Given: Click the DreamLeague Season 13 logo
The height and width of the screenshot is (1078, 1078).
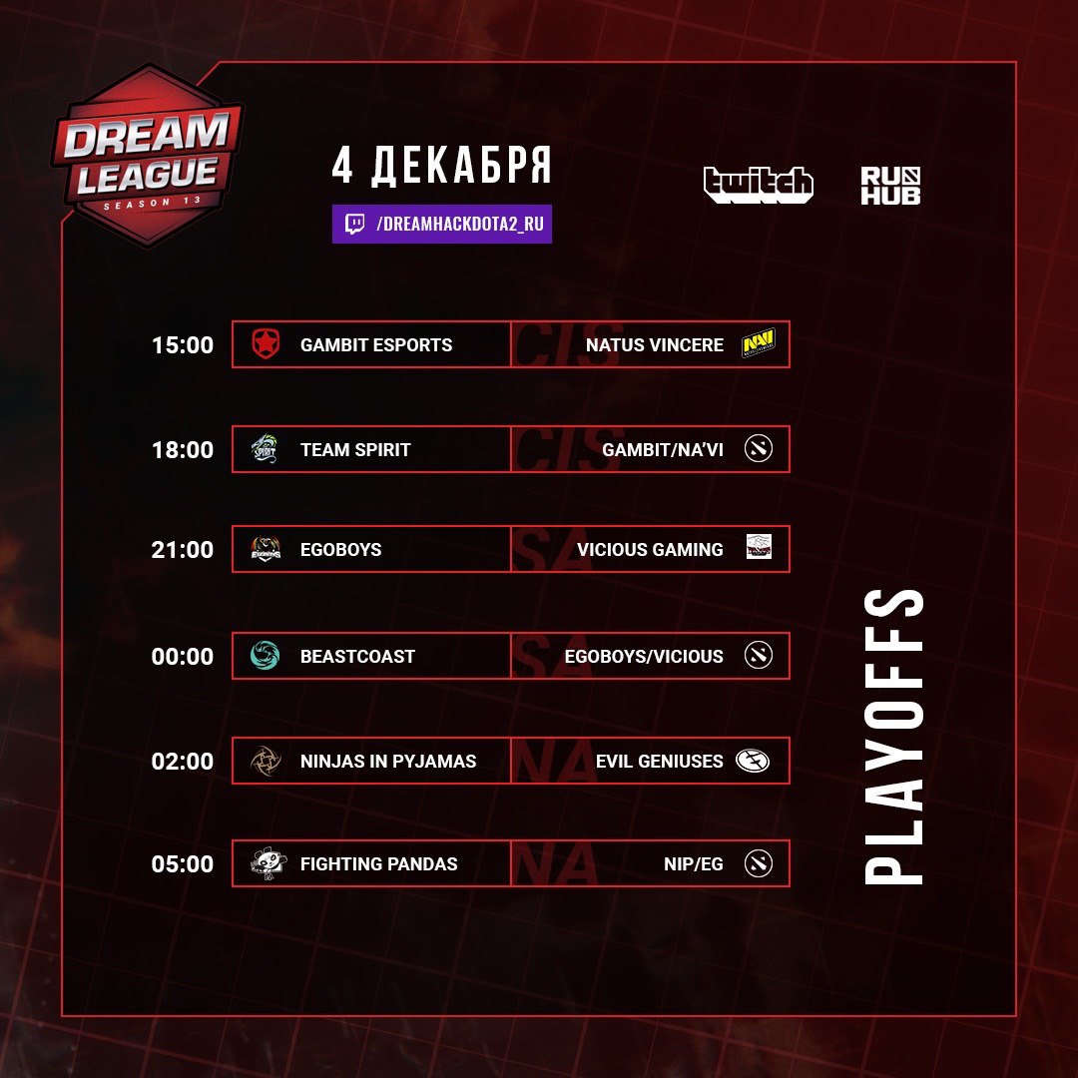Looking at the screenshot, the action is (x=147, y=157).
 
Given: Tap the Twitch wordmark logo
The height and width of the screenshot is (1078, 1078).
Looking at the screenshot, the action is (x=759, y=185).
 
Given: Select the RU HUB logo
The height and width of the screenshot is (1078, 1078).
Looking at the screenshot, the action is (x=890, y=185).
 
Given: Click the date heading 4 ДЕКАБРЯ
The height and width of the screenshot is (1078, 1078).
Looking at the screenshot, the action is (x=441, y=166).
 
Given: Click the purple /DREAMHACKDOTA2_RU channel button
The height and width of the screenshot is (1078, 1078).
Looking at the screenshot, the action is (x=442, y=225).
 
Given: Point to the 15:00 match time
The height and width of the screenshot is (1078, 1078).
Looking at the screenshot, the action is (x=183, y=344).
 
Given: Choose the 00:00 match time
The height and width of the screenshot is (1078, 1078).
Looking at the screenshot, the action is (x=183, y=656).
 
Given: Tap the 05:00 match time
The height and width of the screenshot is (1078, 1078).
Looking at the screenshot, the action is (x=183, y=863).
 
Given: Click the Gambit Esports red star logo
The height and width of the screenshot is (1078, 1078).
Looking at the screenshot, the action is (x=265, y=343).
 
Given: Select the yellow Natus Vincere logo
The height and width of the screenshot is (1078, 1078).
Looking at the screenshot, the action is (x=759, y=343).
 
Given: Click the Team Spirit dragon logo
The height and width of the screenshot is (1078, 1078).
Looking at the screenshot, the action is (x=265, y=449).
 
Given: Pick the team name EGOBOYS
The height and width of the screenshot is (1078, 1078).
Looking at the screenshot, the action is (x=341, y=549).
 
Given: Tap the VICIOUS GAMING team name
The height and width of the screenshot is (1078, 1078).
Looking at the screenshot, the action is (x=650, y=549).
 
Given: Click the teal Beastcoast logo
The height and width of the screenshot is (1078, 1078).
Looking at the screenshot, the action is (x=265, y=655).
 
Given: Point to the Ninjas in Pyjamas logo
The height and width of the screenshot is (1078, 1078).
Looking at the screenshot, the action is (x=265, y=761).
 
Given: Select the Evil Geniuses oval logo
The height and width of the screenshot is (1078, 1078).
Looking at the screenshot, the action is (x=753, y=761).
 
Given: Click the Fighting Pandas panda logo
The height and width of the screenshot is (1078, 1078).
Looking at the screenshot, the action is (x=266, y=863).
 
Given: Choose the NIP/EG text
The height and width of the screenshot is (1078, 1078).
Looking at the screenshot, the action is (x=693, y=863).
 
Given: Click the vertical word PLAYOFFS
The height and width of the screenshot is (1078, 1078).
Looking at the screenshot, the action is (x=893, y=737).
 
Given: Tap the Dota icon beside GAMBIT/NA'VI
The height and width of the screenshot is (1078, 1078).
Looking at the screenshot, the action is (x=759, y=448).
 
